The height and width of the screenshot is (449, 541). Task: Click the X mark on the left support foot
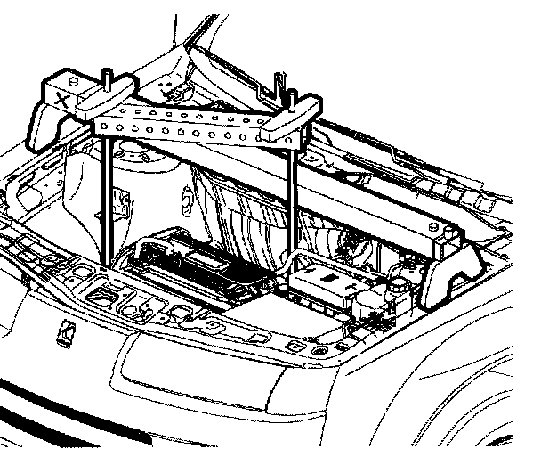(61, 99)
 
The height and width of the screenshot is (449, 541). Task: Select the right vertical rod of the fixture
(293, 205)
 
